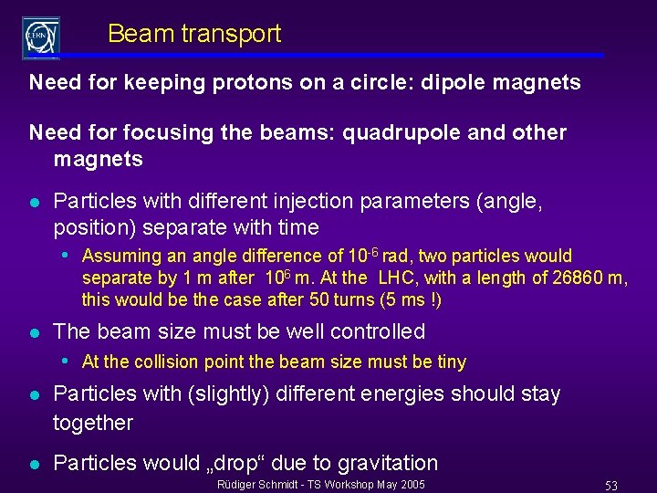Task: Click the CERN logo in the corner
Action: point(41,37)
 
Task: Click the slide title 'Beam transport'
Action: point(194,35)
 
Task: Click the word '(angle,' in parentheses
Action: point(510,201)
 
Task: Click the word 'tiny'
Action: point(451,362)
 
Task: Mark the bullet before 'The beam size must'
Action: point(33,332)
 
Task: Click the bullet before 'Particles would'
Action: point(33,464)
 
